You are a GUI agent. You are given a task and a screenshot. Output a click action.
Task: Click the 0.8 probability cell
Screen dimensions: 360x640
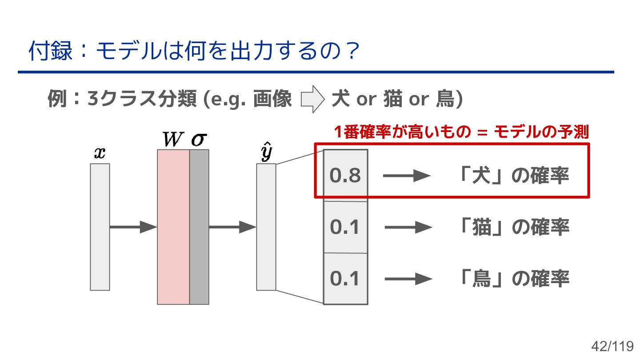pyautogui.click(x=345, y=176)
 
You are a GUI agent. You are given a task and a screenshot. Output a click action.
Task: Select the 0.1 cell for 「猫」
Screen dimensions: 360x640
pyautogui.click(x=345, y=228)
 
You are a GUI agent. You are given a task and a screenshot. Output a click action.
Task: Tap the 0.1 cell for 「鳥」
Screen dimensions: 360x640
pyautogui.click(x=345, y=279)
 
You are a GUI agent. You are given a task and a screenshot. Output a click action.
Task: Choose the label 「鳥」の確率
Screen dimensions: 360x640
pyautogui.click(x=513, y=279)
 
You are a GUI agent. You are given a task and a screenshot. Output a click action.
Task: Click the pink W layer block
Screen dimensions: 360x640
pyautogui.click(x=173, y=227)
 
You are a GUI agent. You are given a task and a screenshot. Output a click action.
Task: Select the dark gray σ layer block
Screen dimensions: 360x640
pyautogui.click(x=199, y=227)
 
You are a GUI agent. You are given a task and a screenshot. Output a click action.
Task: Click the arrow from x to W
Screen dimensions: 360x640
pyautogui.click(x=133, y=227)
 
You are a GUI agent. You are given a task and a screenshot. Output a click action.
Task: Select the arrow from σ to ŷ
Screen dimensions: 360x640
pyautogui.click(x=232, y=227)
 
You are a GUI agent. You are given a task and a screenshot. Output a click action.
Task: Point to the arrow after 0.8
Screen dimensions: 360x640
pyautogui.click(x=406, y=176)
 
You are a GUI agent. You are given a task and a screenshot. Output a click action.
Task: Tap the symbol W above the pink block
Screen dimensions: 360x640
pyautogui.click(x=172, y=140)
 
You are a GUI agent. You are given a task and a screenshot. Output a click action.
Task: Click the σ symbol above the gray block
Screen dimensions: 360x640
pyautogui.click(x=199, y=140)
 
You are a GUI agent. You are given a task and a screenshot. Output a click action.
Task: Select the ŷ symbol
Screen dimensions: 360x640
pyautogui.click(x=266, y=154)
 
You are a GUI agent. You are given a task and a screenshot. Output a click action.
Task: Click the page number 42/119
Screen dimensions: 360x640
pyautogui.click(x=612, y=346)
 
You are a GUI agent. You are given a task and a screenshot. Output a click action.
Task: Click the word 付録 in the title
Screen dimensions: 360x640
pyautogui.click(x=50, y=51)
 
